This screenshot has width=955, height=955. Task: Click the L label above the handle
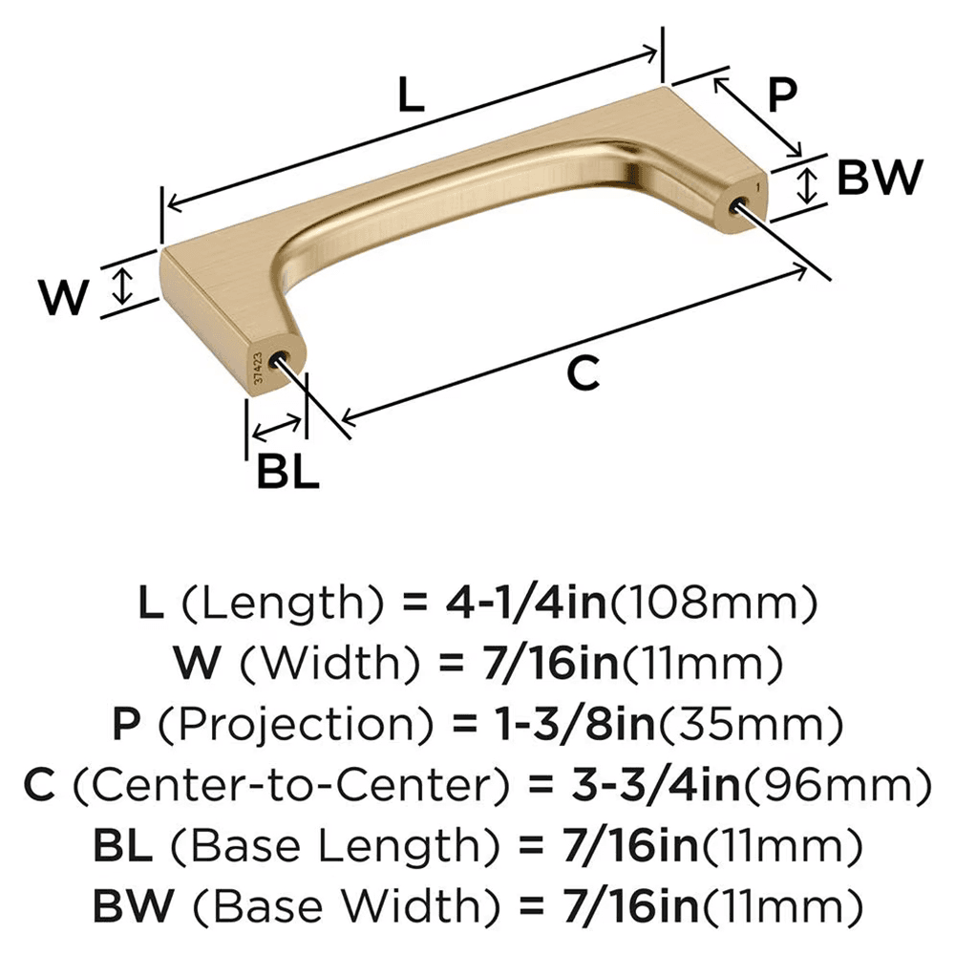[x=410, y=97]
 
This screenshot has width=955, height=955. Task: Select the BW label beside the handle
[x=879, y=179]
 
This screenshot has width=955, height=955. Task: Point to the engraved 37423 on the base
[x=257, y=368]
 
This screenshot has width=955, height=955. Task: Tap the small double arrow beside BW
[x=809, y=183]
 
